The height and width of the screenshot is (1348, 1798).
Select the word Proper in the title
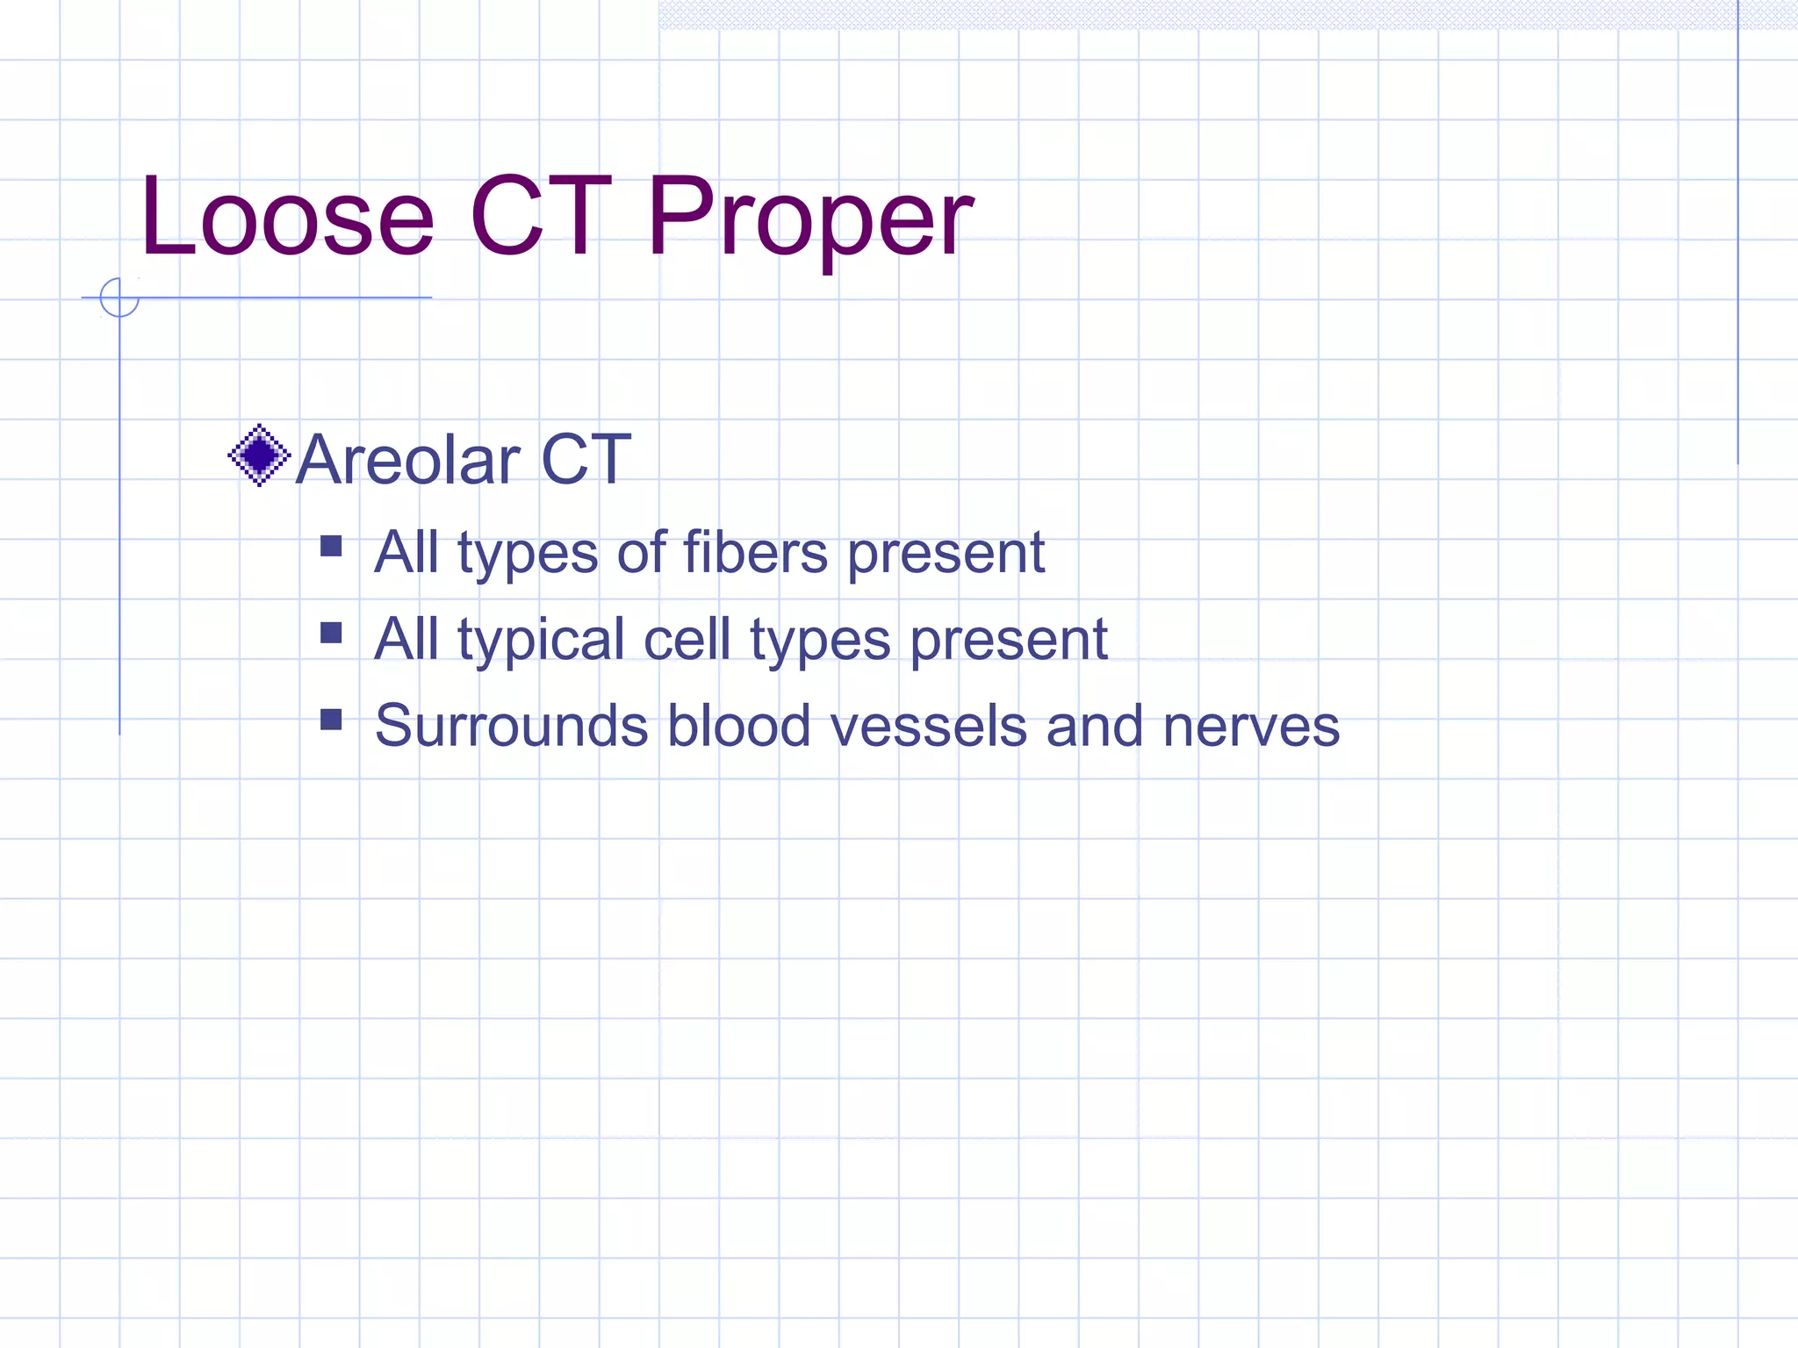pyautogui.click(x=809, y=219)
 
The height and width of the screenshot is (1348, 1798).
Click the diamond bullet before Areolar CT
pyautogui.click(x=259, y=455)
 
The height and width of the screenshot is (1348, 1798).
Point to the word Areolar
pyautogui.click(x=408, y=460)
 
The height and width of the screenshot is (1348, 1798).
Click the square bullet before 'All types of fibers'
pyautogui.click(x=331, y=547)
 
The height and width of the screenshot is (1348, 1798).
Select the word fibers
pyautogui.click(x=755, y=553)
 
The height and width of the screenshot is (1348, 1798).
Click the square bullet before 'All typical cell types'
pyautogui.click(x=331, y=633)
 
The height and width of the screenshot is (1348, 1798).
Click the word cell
pyautogui.click(x=687, y=639)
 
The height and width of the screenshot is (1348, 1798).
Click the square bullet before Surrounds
pyautogui.click(x=331, y=720)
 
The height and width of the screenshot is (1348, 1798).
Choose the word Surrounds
pyautogui.click(x=511, y=727)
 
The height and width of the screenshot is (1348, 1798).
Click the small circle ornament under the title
pyautogui.click(x=119, y=298)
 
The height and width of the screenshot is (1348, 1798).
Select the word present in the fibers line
pyautogui.click(x=946, y=555)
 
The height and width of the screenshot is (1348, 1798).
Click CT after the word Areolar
pyautogui.click(x=586, y=460)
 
